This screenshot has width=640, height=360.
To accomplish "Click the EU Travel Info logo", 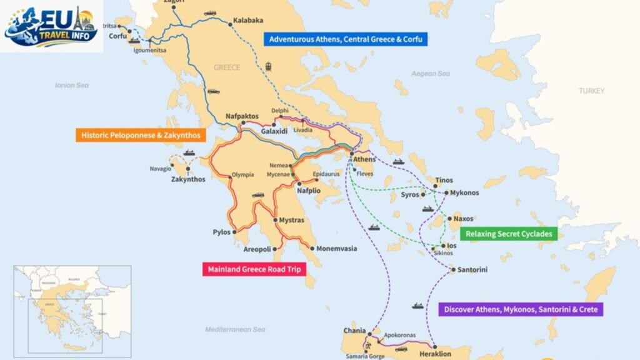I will [x=51, y=26].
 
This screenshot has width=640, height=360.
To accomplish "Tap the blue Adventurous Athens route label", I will [x=346, y=39].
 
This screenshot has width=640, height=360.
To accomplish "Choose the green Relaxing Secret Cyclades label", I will [x=508, y=234].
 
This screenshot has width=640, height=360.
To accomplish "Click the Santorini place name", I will [x=472, y=270].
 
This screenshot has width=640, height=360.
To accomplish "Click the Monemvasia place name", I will [x=336, y=249].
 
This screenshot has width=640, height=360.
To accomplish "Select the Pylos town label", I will [x=222, y=232].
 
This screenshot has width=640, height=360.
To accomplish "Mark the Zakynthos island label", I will [x=187, y=179].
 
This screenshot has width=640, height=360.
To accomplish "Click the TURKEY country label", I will [x=591, y=91].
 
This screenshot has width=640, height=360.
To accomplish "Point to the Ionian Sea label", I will [x=72, y=85].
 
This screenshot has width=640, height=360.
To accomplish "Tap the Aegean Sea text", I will [x=430, y=74].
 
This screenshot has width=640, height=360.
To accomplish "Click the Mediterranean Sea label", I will [x=235, y=329].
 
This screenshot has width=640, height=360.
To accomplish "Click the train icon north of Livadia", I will [x=269, y=66].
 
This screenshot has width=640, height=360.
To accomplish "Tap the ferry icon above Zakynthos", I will [x=190, y=152].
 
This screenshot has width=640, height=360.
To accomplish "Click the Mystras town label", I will [x=291, y=220].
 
